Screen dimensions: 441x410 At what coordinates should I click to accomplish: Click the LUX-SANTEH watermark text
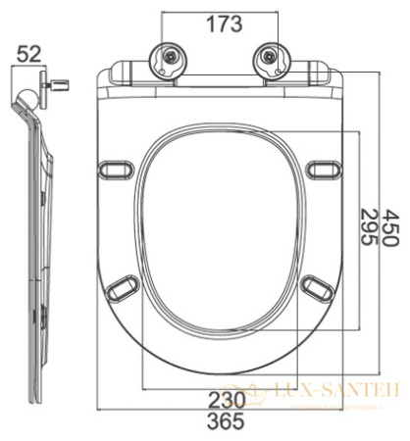coord(338,390)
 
